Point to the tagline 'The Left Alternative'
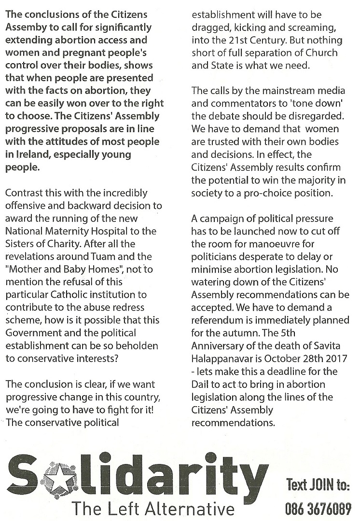point(153,507)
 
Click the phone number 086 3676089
point(318,508)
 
